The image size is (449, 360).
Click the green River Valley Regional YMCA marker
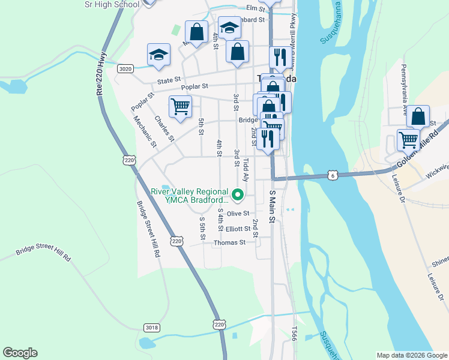click(238, 194)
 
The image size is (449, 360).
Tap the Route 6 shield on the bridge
click(333, 175)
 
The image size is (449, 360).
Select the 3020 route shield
click(125, 69)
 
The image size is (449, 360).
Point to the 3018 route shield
click(152, 327)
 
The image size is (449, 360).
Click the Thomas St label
click(230, 242)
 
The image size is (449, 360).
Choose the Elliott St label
click(238, 229)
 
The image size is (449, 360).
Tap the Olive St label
click(238, 214)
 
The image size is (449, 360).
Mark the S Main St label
click(272, 206)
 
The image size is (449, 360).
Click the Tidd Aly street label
click(246, 170)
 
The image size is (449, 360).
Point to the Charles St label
click(163, 128)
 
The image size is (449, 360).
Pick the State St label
click(169, 80)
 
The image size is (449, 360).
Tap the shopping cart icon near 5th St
click(180, 107)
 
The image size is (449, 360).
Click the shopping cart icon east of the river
click(409, 139)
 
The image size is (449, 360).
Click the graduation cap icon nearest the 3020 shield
click(158, 55)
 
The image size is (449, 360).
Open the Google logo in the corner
click(20, 353)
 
